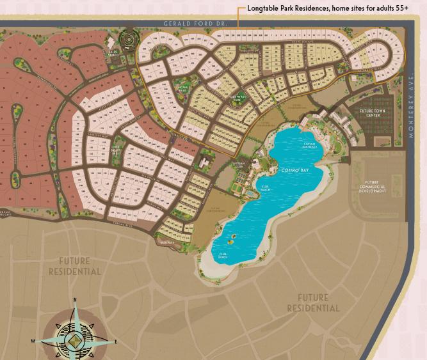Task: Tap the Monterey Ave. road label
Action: pos(412,115)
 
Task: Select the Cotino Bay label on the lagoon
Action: pos(295,171)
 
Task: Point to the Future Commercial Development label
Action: pos(371,187)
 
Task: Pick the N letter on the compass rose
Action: pos(75,299)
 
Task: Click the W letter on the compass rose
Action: pos(33,341)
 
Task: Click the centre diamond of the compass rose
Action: pos(75,339)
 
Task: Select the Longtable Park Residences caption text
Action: pos(327,8)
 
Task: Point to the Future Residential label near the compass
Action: pos(75,266)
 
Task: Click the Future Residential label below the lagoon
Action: pos(313,302)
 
